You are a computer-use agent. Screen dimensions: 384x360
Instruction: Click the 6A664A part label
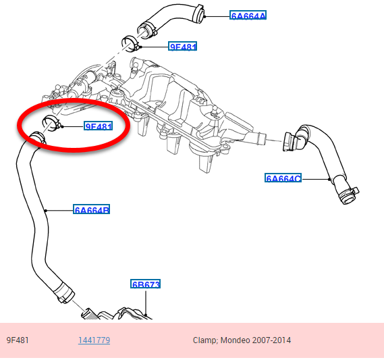[248, 15]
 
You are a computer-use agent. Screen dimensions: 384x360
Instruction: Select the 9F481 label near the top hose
[182, 46]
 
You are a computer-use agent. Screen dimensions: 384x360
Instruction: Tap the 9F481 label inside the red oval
[99, 126]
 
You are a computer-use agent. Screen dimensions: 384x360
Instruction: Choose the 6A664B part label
[91, 209]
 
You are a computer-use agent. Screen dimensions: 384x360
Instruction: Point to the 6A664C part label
[283, 178]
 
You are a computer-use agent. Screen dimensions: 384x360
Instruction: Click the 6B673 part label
[146, 284]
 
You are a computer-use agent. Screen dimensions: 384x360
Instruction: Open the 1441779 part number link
[94, 340]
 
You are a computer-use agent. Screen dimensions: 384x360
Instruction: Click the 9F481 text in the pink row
[18, 340]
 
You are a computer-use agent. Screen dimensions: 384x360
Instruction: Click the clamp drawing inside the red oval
[51, 122]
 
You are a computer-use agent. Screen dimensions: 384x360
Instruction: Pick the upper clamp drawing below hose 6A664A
[130, 43]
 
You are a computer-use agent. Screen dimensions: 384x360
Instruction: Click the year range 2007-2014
[271, 340]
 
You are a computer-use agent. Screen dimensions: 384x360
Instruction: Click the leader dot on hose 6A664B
[46, 210]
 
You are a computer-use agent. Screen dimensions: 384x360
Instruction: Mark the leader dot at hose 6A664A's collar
[204, 16]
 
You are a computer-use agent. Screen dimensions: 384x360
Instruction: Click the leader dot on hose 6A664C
[329, 179]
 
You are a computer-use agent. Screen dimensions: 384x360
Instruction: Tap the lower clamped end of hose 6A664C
[347, 195]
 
